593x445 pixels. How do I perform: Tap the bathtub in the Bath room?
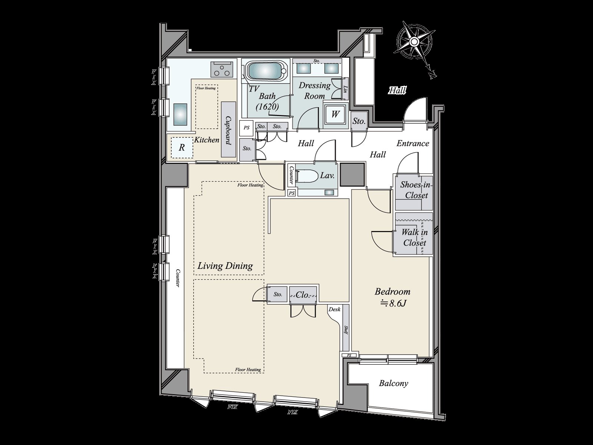[x=265, y=70]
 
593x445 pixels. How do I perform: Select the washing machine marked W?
[x=335, y=114]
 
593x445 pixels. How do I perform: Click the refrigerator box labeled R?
[x=182, y=148]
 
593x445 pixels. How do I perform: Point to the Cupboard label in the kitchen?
[x=228, y=131]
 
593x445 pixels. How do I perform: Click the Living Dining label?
[x=225, y=266]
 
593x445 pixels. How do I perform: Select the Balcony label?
[x=393, y=383]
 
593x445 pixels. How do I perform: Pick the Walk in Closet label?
[x=414, y=238]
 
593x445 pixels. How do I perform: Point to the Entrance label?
[x=413, y=144]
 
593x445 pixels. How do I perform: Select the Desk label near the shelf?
[x=334, y=309]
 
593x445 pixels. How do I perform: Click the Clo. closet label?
[x=302, y=295]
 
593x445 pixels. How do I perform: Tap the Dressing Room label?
[x=315, y=90]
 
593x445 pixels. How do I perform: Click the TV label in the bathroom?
[x=254, y=89]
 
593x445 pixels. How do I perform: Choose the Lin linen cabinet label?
[x=345, y=89]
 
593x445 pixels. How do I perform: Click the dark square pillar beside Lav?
[x=353, y=174]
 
